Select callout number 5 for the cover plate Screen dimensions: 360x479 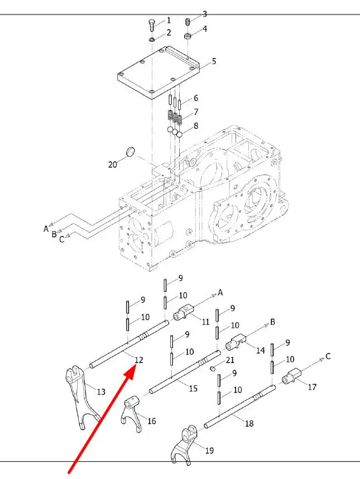point(214,61)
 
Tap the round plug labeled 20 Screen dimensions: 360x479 point(131,151)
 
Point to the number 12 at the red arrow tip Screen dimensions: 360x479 point(139,360)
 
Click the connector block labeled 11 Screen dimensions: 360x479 point(184,312)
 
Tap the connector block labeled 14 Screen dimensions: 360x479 point(236,342)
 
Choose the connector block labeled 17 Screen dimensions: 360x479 point(292,376)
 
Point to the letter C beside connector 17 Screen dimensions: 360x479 point(328,356)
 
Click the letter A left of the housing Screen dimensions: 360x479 point(46,229)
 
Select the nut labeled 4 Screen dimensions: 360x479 point(188,36)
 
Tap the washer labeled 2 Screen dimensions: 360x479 point(152,40)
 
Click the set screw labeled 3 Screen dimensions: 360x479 point(188,22)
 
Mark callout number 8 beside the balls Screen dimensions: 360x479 point(196,126)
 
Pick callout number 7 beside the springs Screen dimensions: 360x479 point(196,112)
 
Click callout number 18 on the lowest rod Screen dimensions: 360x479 point(249,423)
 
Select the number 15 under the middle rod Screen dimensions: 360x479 point(193,389)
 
